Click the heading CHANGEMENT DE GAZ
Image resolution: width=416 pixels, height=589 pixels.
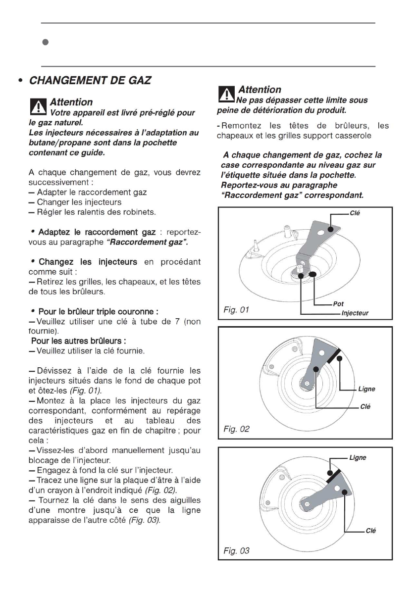[90, 80]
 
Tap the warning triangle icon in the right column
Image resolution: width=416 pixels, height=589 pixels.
[226, 94]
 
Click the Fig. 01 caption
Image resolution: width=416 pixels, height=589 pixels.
[237, 310]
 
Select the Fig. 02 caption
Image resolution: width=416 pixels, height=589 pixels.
[237, 429]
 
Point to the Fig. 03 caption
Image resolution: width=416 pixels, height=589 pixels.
[237, 550]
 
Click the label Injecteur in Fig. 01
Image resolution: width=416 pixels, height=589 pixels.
[355, 313]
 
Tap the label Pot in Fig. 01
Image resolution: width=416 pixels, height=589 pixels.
[339, 304]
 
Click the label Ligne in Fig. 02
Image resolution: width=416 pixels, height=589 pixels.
[366, 389]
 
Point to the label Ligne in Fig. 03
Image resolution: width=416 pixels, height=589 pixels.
[358, 457]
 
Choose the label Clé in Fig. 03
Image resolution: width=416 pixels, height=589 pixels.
[370, 531]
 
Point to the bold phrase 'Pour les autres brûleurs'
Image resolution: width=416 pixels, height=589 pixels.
[78, 341]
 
